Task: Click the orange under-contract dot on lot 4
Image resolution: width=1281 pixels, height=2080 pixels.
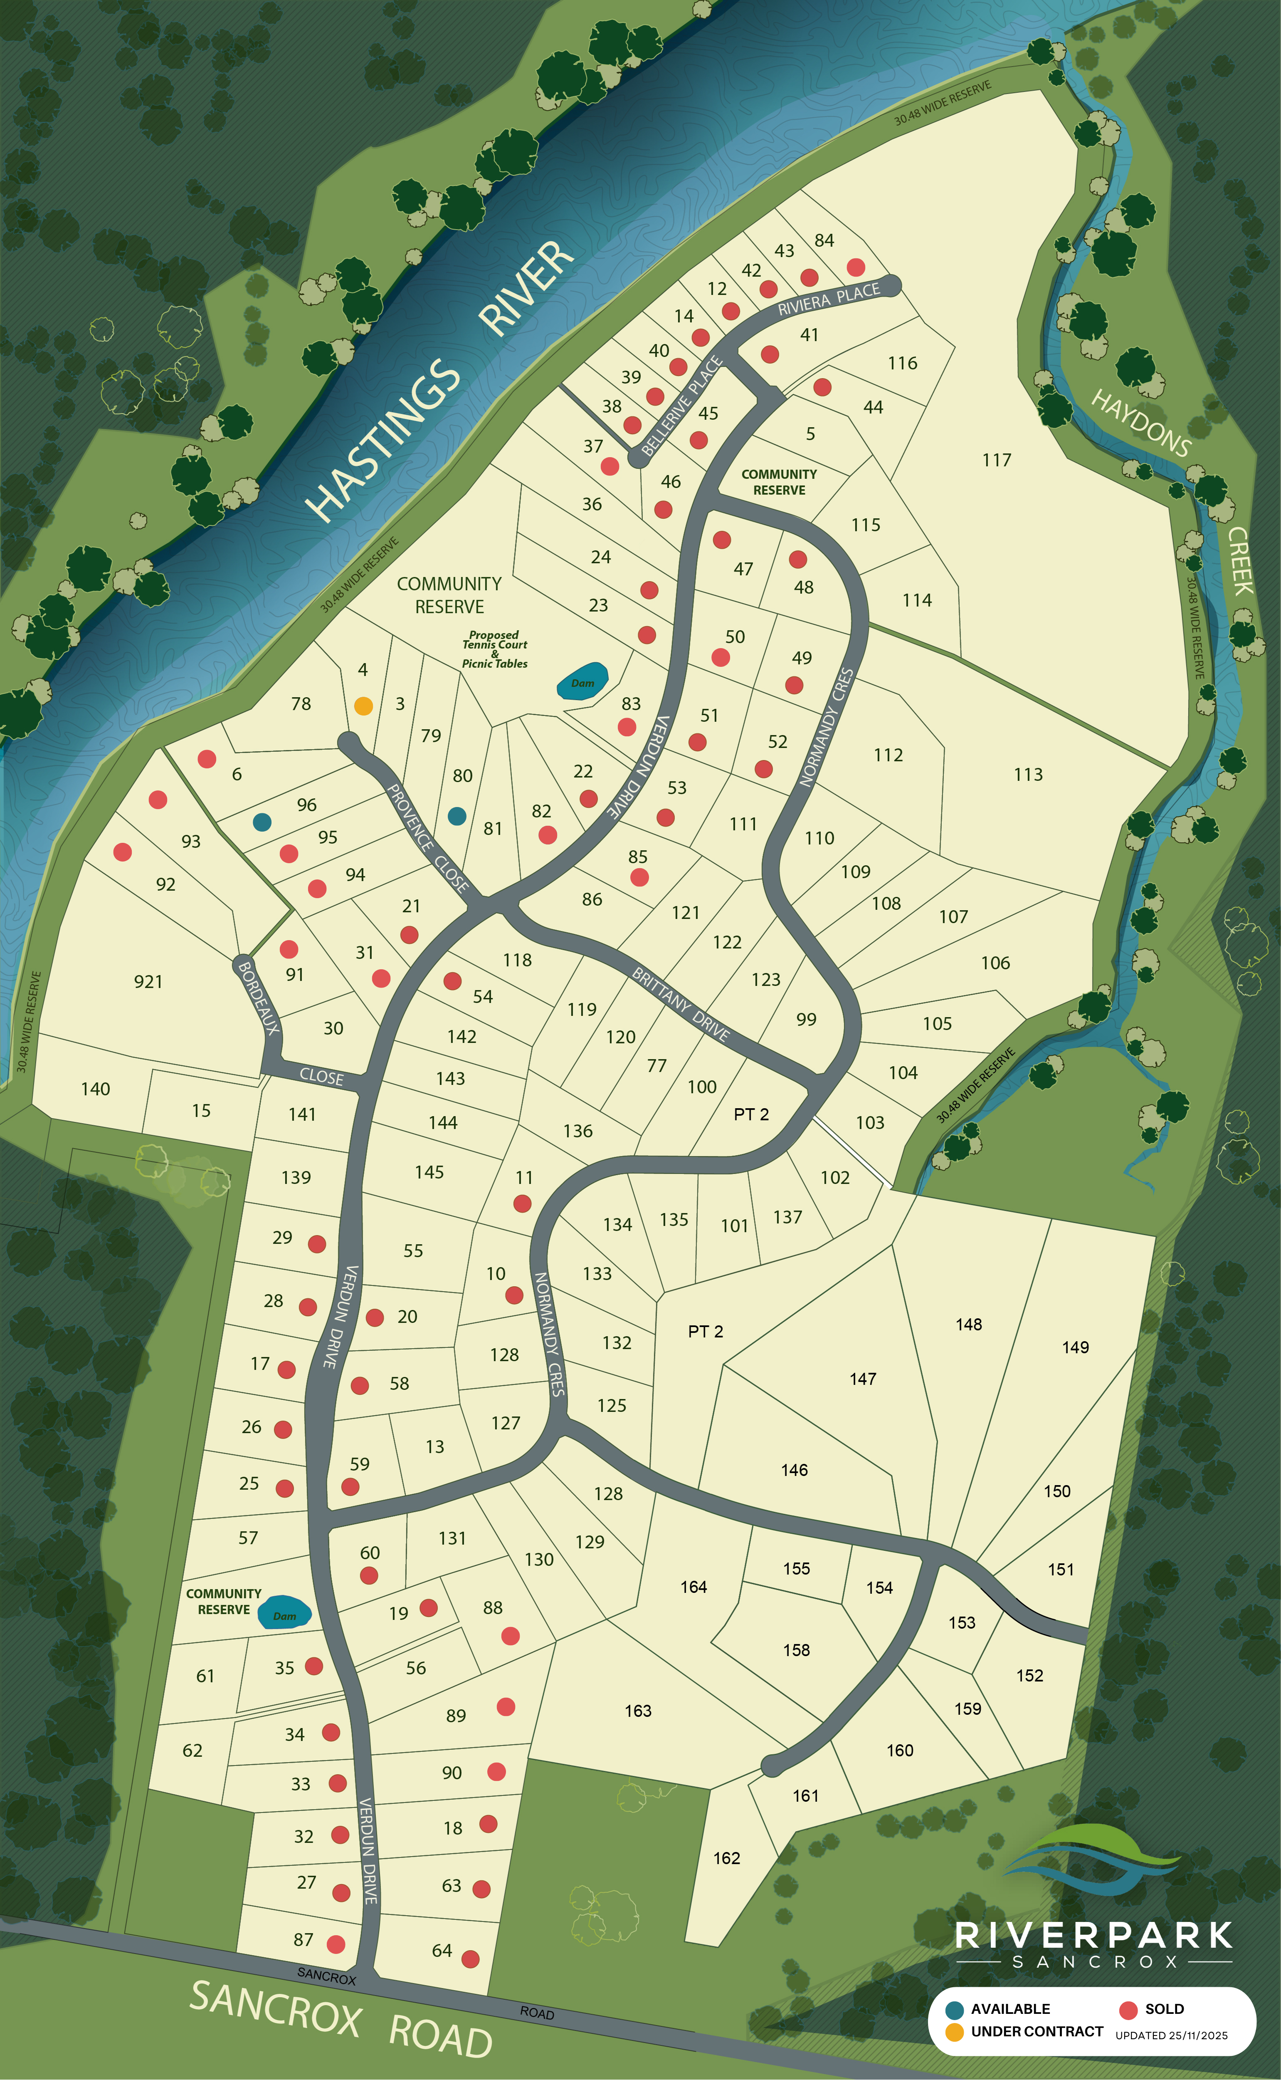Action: click(x=363, y=706)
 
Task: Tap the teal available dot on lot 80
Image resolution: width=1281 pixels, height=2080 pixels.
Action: click(x=457, y=816)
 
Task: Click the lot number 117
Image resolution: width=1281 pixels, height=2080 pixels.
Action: click(x=996, y=460)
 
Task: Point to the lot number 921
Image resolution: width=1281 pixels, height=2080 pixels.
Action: click(x=148, y=981)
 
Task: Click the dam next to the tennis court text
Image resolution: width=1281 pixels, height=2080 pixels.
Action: click(x=583, y=681)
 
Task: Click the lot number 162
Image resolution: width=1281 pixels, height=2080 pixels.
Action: click(x=726, y=1858)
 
